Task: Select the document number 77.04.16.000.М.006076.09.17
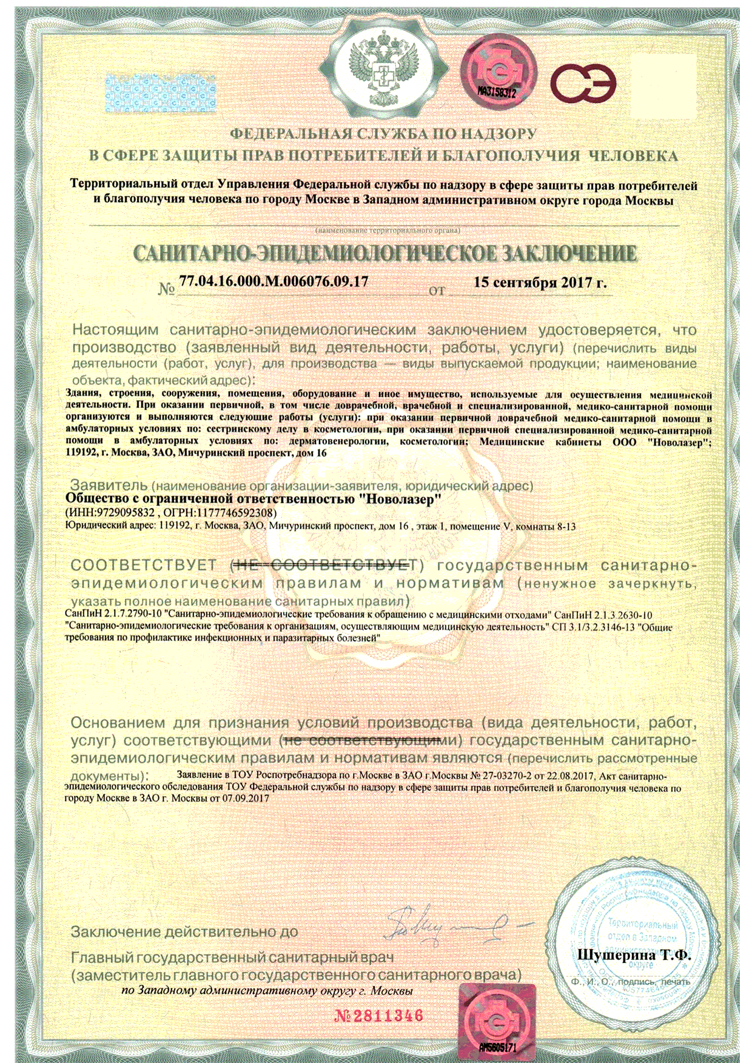274,281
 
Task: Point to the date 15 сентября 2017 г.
540,282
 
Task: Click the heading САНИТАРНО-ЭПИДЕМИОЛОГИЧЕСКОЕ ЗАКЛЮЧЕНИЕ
384,253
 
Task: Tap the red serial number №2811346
378,1016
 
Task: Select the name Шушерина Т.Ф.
634,954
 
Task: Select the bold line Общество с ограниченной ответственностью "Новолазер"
253,498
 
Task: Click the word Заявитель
109,485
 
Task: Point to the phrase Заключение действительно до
184,931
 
